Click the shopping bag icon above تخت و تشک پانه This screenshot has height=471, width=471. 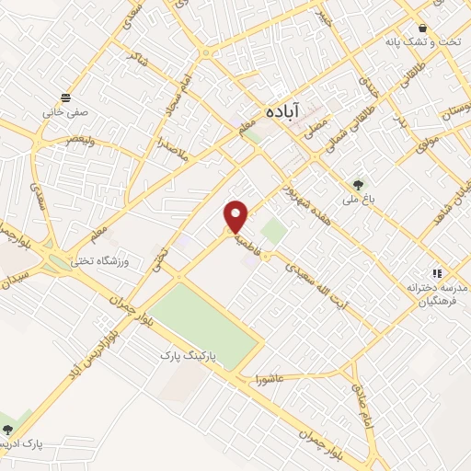tap(422, 29)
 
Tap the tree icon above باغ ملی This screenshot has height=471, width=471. tap(358, 185)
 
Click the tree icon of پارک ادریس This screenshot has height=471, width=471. tap(8, 430)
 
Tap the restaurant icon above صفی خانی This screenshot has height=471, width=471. tap(64, 98)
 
